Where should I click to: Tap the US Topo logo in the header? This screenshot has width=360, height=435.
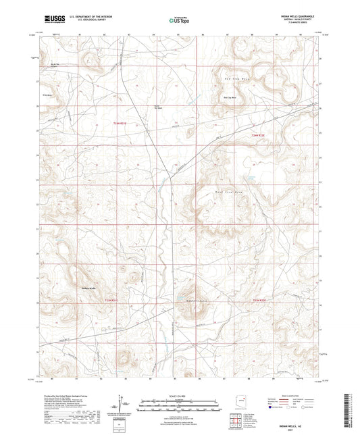tap(178, 21)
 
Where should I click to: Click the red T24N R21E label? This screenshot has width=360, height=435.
tap(119, 124)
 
